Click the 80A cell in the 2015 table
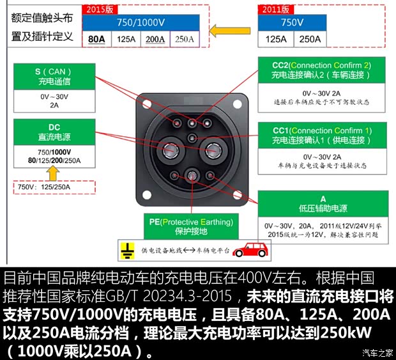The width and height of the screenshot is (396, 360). click(97, 38)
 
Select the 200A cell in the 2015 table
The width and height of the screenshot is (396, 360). click(155, 38)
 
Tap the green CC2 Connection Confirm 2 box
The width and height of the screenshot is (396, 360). click(322, 70)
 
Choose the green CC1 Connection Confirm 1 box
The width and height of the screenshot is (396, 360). click(322, 135)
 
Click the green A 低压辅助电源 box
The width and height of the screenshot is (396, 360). click(323, 204)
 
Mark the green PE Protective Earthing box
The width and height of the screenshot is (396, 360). click(191, 226)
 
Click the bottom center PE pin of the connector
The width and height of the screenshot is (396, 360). click(192, 175)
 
